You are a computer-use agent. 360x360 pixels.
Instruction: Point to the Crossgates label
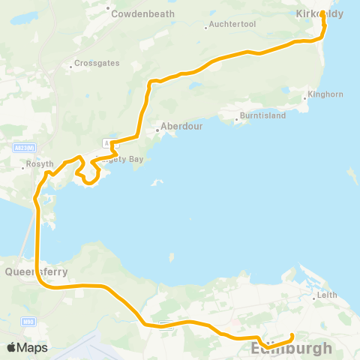[97, 64]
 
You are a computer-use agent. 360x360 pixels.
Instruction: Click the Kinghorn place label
[325, 94]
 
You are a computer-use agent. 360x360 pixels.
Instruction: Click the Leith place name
[327, 295]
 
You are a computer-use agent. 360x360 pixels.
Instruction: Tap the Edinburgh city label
[292, 349]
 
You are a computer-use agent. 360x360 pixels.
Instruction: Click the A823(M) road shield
[22, 148]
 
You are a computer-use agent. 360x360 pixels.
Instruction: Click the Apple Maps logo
[28, 347]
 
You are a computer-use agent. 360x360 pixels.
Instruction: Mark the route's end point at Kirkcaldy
[322, 13]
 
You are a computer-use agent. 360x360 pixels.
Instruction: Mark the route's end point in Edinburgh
[292, 335]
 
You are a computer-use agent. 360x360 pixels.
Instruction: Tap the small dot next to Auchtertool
[206, 29]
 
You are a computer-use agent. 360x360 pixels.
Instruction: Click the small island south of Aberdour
[157, 182]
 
